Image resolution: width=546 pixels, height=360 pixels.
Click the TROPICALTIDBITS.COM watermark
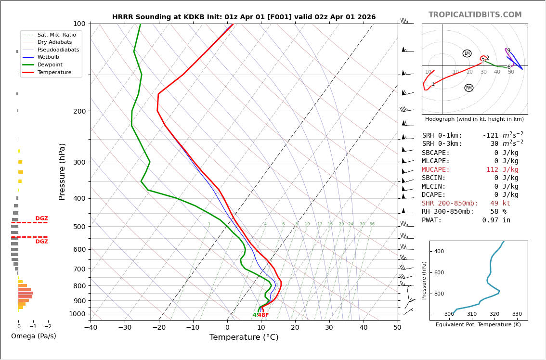pyautogui.click(x=475, y=15)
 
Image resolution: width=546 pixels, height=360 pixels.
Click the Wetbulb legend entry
pyautogui.click(x=48, y=57)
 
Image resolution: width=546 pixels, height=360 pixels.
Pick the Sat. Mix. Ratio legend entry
pyautogui.click(x=56, y=35)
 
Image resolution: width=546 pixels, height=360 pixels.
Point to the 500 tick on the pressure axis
pyautogui.click(x=79, y=227)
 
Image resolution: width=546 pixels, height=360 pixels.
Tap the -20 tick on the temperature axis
pyautogui.click(x=159, y=328)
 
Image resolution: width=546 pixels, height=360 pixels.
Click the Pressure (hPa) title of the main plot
pyautogui.click(x=62, y=171)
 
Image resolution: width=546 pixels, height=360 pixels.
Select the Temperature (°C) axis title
pyautogui.click(x=244, y=337)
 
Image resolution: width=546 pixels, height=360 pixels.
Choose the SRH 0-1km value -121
pyautogui.click(x=491, y=136)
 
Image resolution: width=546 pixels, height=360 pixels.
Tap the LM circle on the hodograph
pyautogui.click(x=467, y=53)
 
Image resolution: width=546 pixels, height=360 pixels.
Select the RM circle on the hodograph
pyautogui.click(x=468, y=88)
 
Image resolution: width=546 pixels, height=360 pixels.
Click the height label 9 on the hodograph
pyautogui.click(x=508, y=51)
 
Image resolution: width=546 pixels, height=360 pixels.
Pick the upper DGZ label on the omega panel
pyautogui.click(x=41, y=219)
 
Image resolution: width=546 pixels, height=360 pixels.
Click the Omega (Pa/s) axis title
pyautogui.click(x=33, y=336)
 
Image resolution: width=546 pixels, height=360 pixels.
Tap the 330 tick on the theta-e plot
pyautogui.click(x=517, y=314)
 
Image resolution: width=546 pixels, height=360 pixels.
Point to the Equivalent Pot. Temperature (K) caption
pyautogui.click(x=478, y=325)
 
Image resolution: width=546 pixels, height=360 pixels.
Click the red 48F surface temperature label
pyautogui.click(x=263, y=315)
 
